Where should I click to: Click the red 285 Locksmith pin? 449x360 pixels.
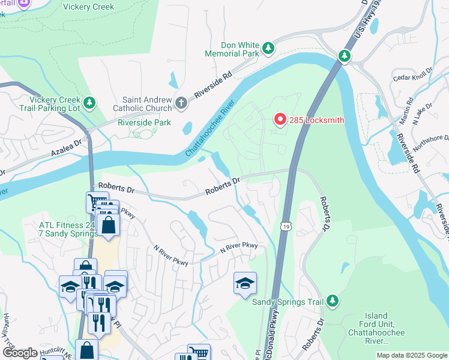point(280,120)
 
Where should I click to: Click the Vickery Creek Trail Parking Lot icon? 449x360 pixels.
point(89,103)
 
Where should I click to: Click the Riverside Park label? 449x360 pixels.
point(144,122)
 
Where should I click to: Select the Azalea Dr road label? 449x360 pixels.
point(62,151)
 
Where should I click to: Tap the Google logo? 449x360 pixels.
point(20,353)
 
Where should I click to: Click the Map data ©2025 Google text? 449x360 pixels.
point(412,355)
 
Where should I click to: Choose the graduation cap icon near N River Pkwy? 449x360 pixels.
point(245,283)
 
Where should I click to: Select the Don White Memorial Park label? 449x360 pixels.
point(231,49)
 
